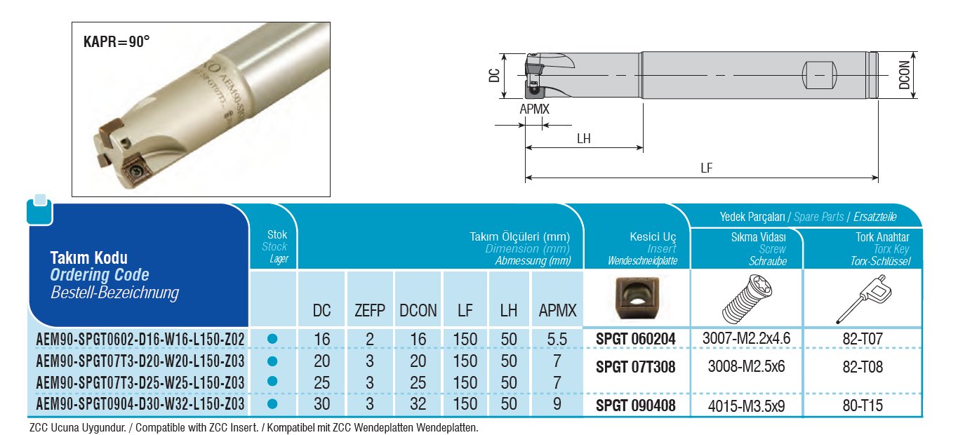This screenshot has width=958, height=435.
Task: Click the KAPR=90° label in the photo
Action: (x=117, y=42)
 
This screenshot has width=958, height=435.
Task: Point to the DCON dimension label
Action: (x=904, y=75)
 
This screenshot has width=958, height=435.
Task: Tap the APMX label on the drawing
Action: (x=534, y=109)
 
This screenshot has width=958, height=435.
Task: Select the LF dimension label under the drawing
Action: (x=707, y=168)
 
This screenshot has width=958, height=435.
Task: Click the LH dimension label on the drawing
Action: (x=583, y=139)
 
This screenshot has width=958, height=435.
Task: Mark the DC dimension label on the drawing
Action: (x=494, y=75)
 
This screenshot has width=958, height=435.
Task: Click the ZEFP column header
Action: (x=369, y=311)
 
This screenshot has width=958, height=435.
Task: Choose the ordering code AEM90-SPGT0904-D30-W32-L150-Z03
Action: (x=140, y=403)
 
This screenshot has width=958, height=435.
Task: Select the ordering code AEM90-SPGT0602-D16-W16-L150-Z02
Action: (x=140, y=340)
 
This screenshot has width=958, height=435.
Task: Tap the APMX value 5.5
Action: (x=557, y=340)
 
